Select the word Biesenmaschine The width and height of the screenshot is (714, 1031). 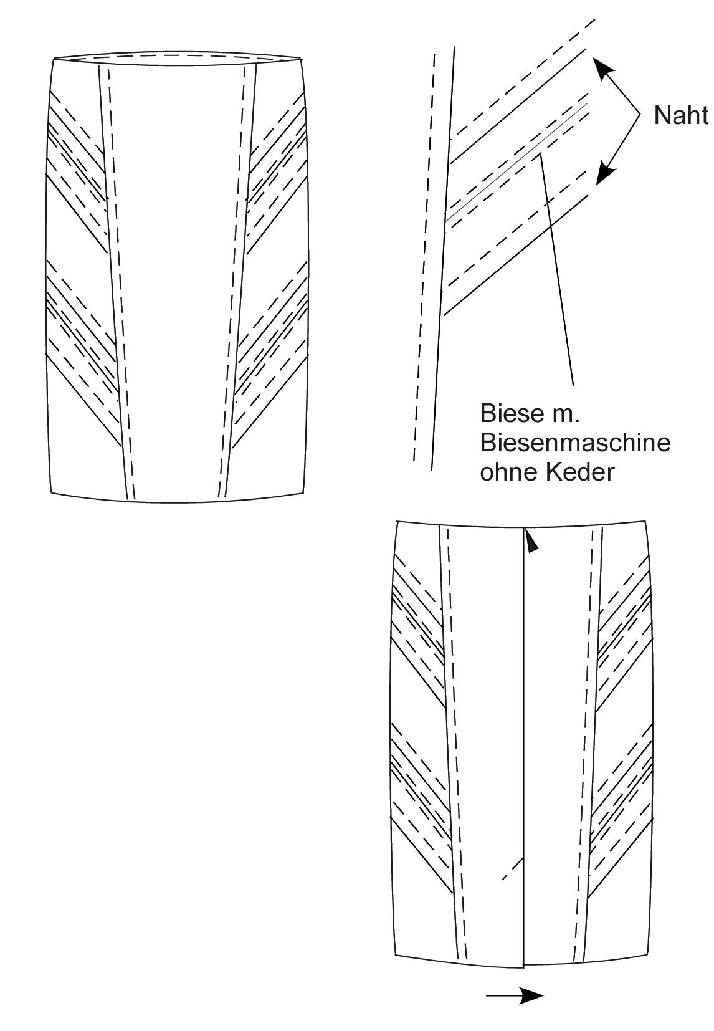click(575, 443)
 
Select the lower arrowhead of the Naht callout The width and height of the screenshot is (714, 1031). click(604, 173)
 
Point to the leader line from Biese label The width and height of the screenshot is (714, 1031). click(558, 270)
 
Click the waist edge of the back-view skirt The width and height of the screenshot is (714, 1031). click(522, 524)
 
